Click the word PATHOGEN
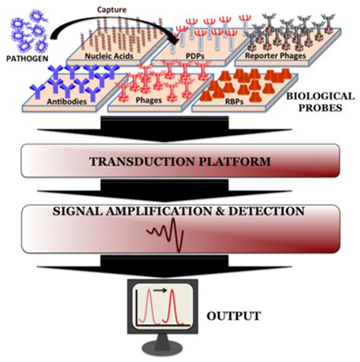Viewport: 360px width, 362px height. [29, 57]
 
